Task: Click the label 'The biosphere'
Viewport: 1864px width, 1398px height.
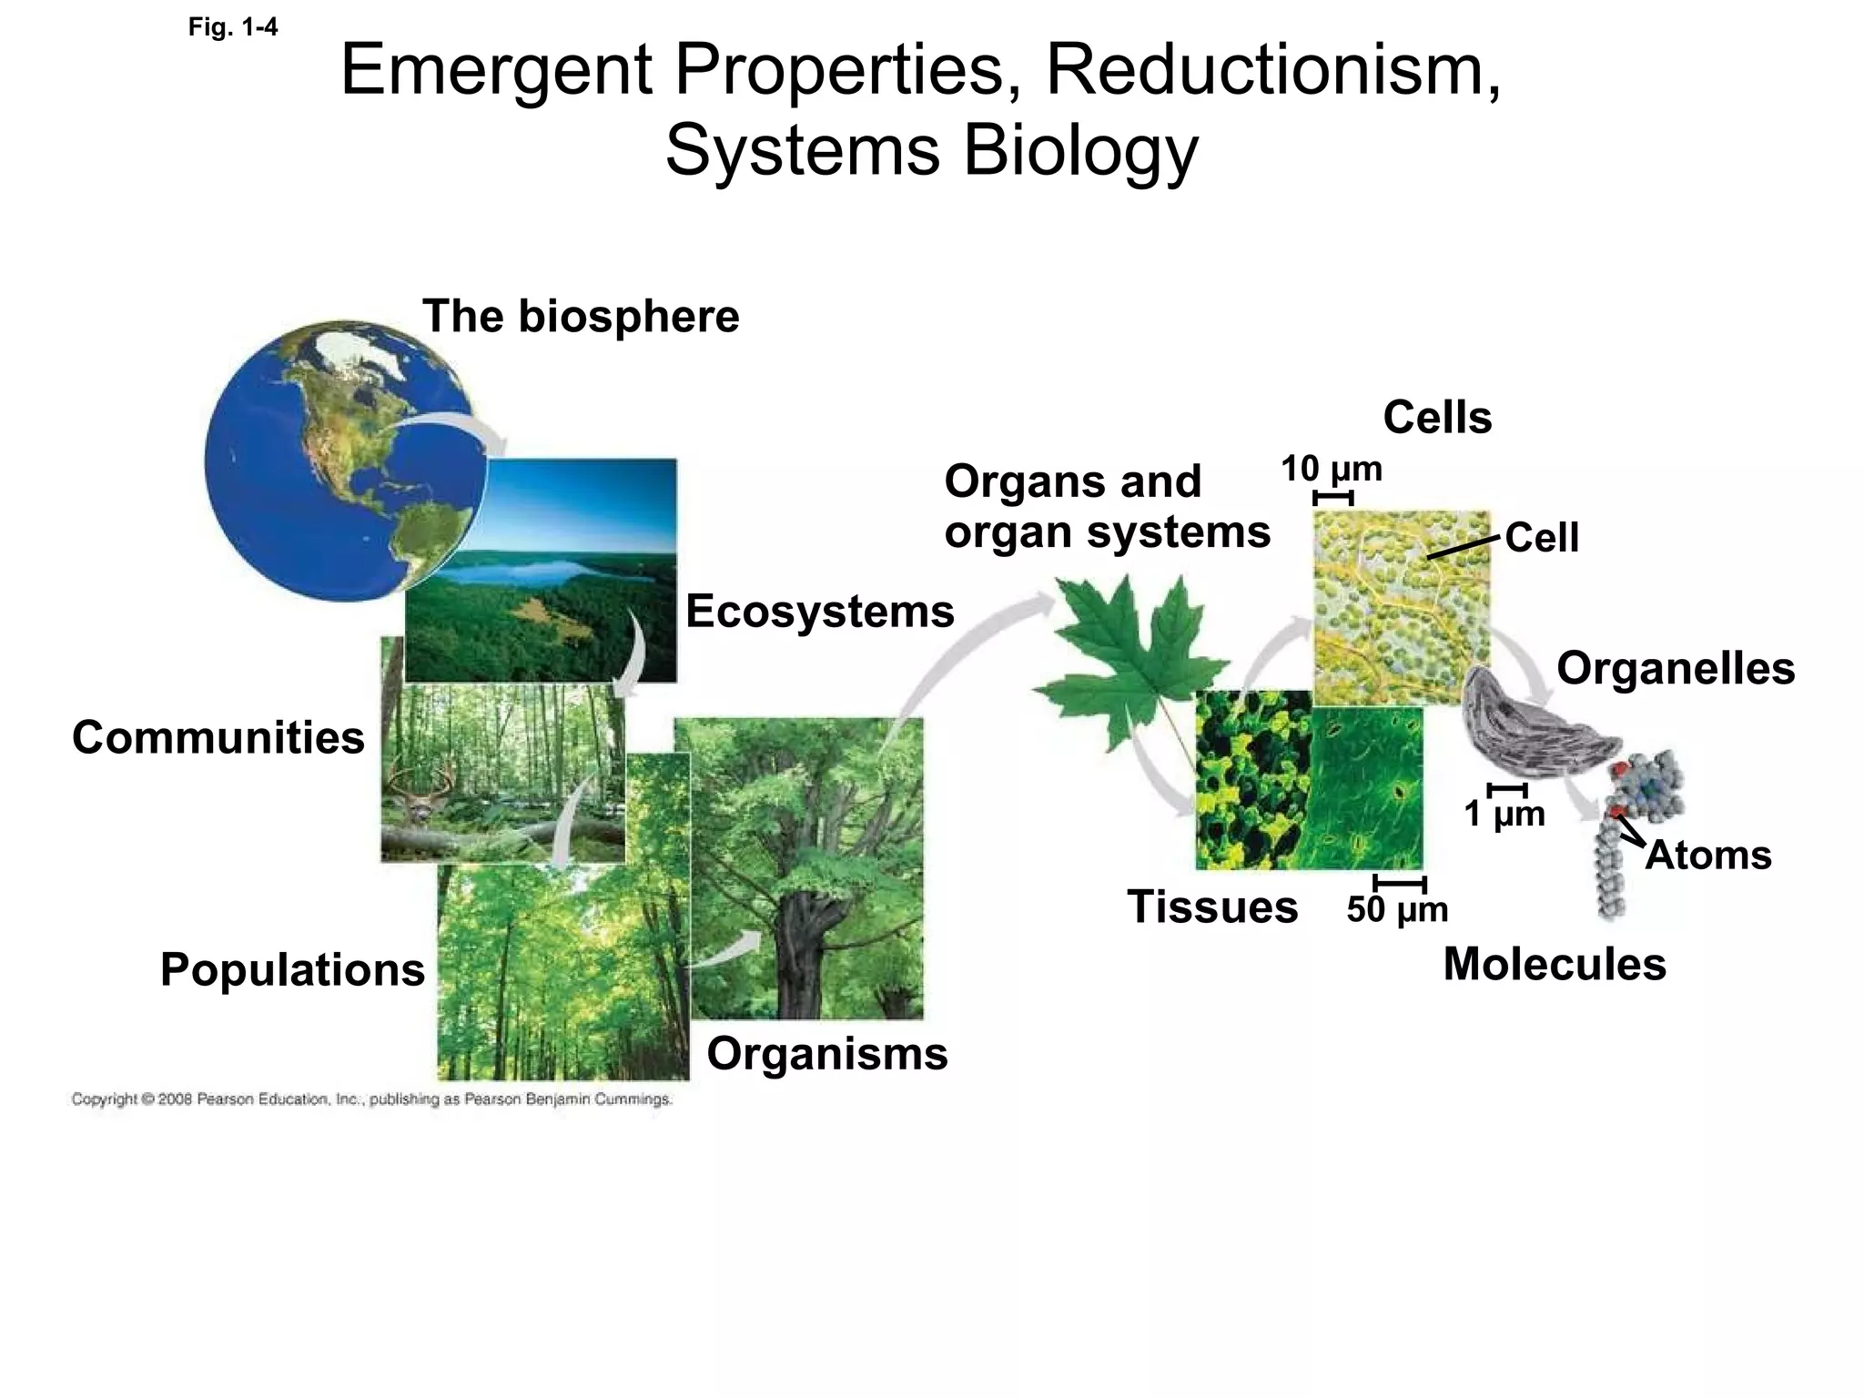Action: (x=581, y=317)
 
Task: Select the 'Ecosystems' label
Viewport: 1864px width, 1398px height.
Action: (x=819, y=611)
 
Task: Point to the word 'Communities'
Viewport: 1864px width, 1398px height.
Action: (x=218, y=737)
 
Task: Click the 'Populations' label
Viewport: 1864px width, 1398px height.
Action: (x=292, y=969)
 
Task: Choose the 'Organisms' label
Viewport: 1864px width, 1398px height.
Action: (x=827, y=1054)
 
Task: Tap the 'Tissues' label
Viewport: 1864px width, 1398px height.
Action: (x=1212, y=907)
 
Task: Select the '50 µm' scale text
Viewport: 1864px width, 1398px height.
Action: (x=1397, y=909)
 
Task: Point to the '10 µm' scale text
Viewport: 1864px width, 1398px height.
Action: (x=1332, y=470)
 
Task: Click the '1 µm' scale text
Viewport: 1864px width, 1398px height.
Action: (x=1504, y=814)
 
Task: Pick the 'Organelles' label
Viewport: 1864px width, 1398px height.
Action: (x=1676, y=668)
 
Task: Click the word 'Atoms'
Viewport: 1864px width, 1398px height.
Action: (x=1708, y=856)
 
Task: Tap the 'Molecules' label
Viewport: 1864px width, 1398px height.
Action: (x=1555, y=964)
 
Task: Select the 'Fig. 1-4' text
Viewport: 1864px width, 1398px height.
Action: (x=233, y=27)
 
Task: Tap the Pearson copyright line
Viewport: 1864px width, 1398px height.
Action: (x=371, y=1099)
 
